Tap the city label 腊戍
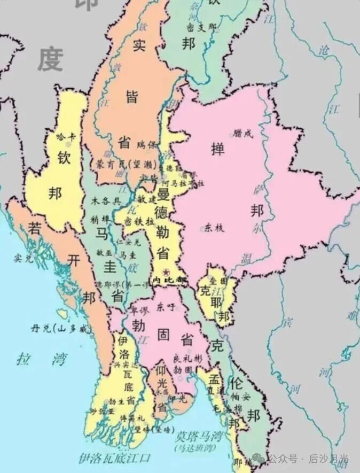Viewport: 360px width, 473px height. pyautogui.click(x=242, y=134)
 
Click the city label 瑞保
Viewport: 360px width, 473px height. pyautogui.click(x=147, y=144)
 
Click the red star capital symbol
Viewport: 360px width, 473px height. pyautogui.click(x=167, y=271)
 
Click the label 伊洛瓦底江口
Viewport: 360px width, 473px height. pyautogui.click(x=114, y=458)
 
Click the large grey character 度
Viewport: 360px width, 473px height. pyautogui.click(x=51, y=59)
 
